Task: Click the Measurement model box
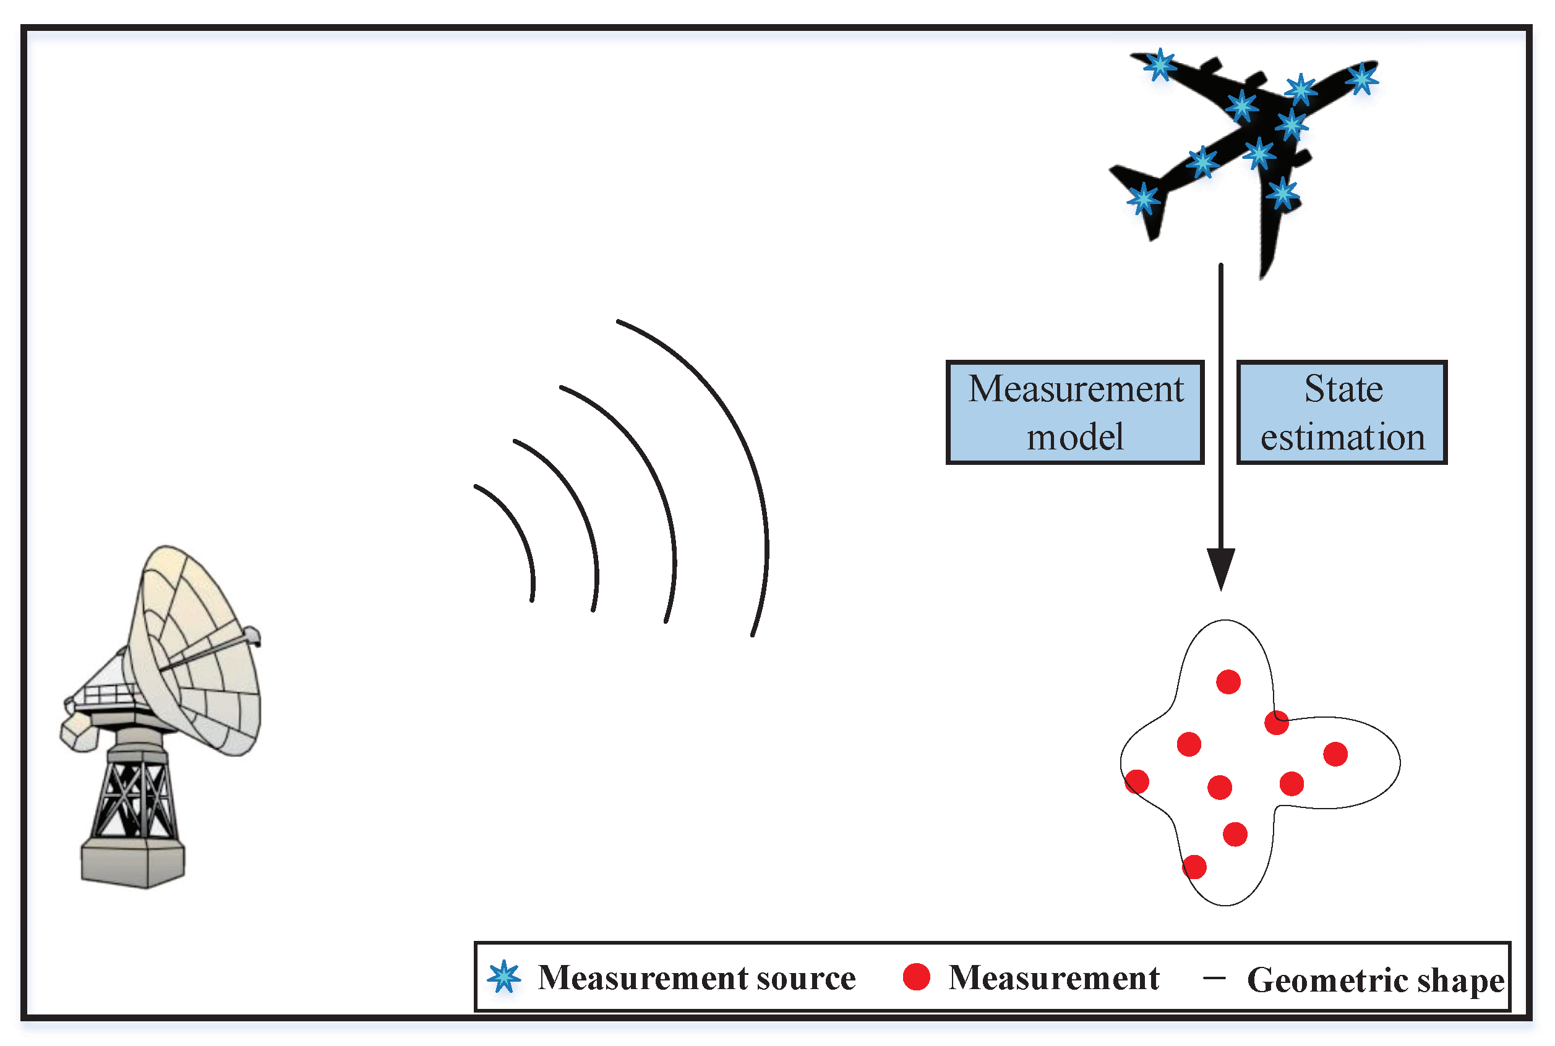click(1074, 412)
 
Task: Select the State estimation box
click(1342, 412)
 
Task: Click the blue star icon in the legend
click(504, 977)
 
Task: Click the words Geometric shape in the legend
click(1375, 980)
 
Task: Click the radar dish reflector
click(200, 654)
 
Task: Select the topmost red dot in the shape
click(1228, 682)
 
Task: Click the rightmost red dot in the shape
click(1335, 754)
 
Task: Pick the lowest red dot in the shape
click(1194, 867)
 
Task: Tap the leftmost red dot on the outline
click(1136, 781)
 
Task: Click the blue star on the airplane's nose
click(1361, 79)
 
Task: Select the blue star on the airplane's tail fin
click(1143, 199)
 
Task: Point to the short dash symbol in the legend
click(1214, 978)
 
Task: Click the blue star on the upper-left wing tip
click(1160, 65)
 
